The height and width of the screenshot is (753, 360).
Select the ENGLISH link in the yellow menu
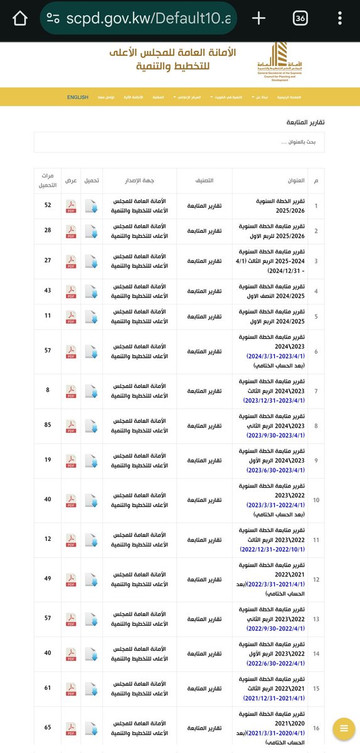point(78,97)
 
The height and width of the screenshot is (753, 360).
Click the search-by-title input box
point(179,142)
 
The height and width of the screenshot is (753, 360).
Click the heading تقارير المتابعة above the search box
point(306,122)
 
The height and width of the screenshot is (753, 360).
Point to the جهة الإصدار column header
point(139,180)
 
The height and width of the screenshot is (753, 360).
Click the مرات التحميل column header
point(48,180)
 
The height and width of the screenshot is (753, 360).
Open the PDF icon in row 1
point(71,206)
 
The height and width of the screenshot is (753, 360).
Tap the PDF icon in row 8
point(71,427)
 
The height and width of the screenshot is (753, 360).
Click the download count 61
point(48,688)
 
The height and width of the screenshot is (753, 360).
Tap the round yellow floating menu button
point(344,728)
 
